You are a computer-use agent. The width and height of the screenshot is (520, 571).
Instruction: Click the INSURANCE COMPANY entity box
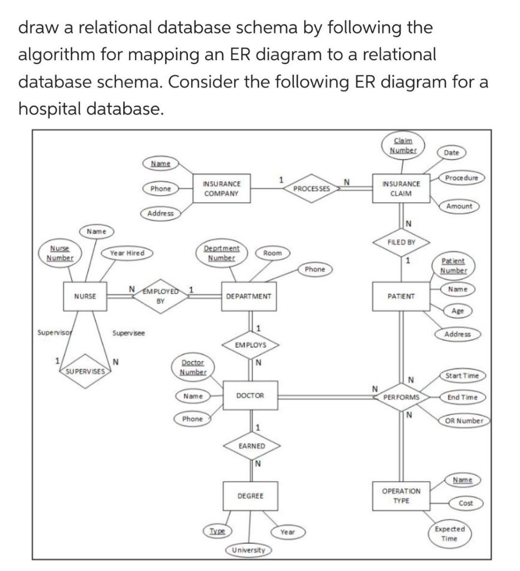coord(222,188)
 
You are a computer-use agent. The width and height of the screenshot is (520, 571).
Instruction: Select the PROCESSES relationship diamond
coord(312,188)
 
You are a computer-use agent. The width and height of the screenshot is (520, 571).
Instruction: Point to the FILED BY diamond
coord(402,243)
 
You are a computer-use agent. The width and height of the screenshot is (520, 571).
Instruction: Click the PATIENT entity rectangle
coord(401,296)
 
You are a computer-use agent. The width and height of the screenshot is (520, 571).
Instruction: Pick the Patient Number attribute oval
coord(453,265)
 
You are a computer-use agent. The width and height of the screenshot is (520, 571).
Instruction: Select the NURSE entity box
coord(85,296)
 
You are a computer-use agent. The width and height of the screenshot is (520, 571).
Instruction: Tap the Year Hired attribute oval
coord(127,253)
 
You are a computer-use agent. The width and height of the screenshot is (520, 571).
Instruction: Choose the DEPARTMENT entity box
coord(248,296)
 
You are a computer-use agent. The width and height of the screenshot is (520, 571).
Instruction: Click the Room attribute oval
coord(273,253)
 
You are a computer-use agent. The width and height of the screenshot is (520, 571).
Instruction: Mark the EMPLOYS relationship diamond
coord(250,345)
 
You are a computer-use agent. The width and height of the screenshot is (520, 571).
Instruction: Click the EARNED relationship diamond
coord(251,446)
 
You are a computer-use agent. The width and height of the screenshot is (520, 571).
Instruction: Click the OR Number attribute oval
coord(464,420)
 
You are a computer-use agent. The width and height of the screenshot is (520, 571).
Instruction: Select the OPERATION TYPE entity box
coord(401,496)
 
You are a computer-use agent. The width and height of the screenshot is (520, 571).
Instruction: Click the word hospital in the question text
coord(53,108)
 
